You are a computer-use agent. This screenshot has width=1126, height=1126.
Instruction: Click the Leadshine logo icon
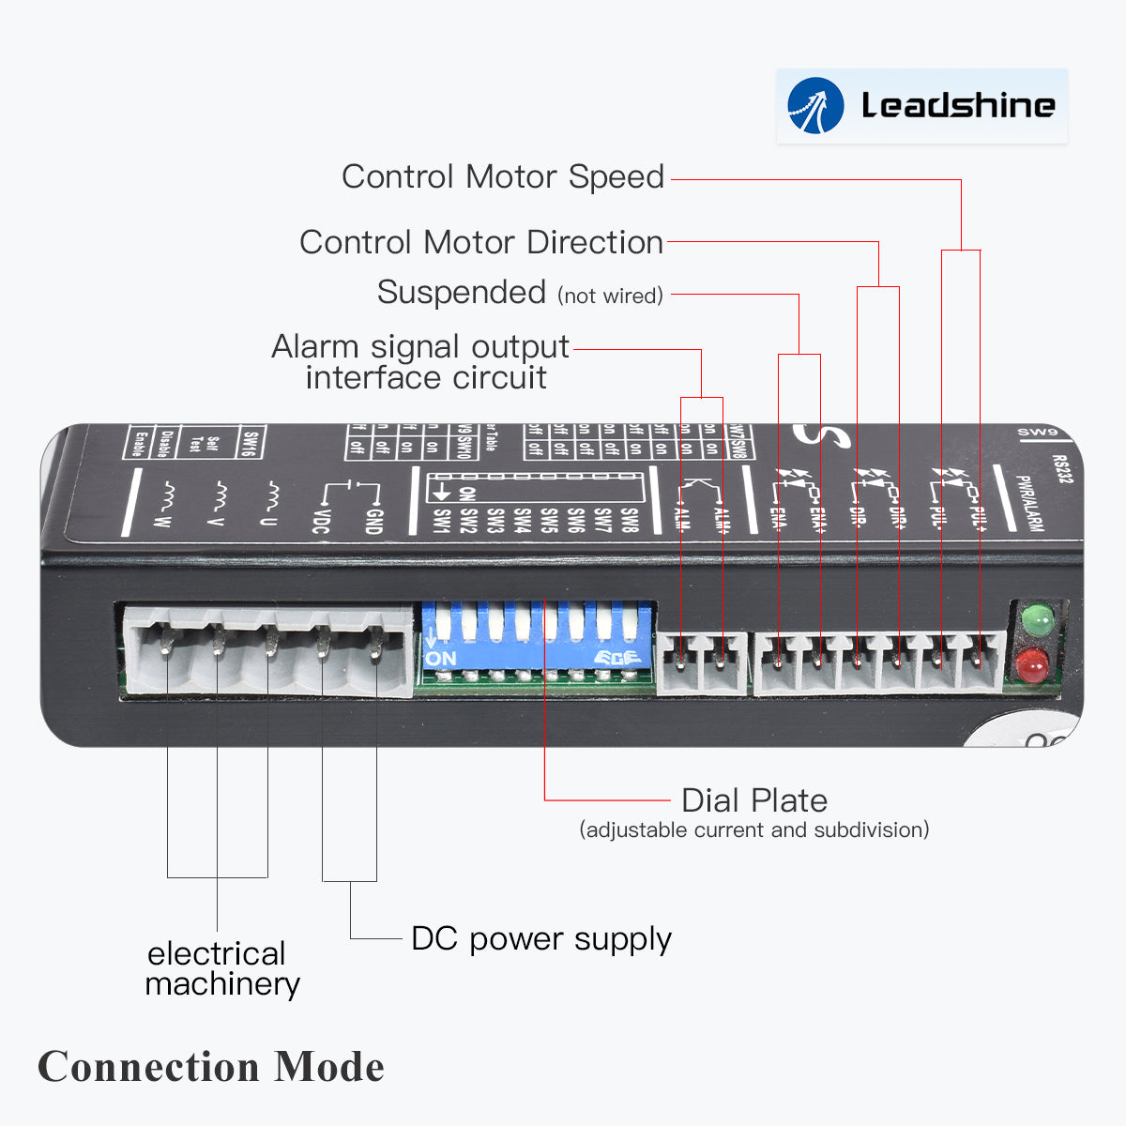coord(815,106)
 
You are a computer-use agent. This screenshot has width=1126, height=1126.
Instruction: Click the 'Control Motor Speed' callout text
coord(503,176)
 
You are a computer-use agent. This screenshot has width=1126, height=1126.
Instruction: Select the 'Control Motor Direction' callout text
coord(481,242)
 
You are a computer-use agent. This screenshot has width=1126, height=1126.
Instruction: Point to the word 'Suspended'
coord(461,293)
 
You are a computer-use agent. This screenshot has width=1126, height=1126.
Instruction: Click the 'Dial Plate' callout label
coord(754,800)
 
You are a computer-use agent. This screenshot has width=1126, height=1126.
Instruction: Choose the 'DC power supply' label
coord(541,939)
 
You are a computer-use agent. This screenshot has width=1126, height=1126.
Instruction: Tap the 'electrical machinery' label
coord(221,968)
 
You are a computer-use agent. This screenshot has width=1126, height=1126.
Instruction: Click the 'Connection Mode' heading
coord(211,1067)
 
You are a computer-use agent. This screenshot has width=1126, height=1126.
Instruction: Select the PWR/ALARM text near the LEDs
coord(1029,503)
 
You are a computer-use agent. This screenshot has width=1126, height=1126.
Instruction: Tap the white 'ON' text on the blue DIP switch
coord(440,659)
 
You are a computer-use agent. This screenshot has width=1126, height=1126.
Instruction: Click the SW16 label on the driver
coord(251,441)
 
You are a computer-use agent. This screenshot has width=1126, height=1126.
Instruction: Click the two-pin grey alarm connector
coord(702,662)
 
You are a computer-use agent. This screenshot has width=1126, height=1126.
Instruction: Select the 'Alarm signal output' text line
coord(420,347)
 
